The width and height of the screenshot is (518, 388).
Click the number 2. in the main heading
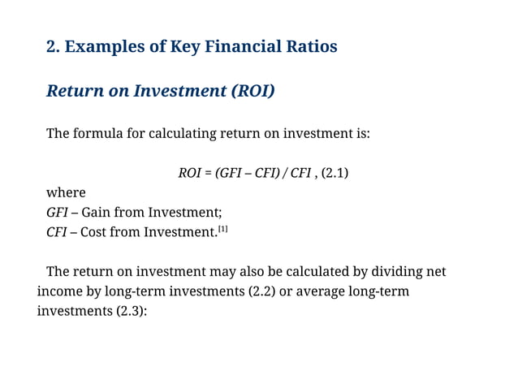54,46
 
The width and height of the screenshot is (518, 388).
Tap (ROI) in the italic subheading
253,91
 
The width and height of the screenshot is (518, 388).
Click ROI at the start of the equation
189,173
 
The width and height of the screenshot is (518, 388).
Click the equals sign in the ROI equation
209,173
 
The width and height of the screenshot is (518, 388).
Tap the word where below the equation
66,192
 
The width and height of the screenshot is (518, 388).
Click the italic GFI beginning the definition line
57,213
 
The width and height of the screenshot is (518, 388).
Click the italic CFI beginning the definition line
57,232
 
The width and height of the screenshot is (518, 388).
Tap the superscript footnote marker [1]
222,229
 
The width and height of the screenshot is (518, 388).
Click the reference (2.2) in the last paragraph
261,291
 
